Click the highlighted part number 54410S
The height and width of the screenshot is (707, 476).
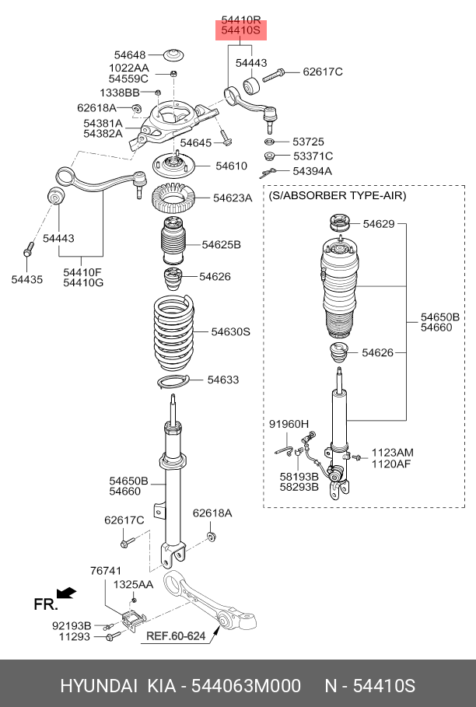tap(240, 31)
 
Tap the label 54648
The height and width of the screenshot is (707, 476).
tap(130, 55)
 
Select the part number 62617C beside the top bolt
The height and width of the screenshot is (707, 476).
tap(323, 72)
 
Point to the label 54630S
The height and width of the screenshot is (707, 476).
tap(230, 332)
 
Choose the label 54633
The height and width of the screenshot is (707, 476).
tap(222, 380)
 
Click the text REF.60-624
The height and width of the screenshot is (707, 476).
tap(176, 636)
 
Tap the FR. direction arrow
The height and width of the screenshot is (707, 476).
tap(67, 593)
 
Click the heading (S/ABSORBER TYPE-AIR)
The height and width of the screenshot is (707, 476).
tap(338, 196)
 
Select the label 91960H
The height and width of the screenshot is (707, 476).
tap(289, 424)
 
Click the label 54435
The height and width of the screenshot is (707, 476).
tap(27, 278)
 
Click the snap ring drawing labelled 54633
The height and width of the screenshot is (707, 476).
tap(173, 381)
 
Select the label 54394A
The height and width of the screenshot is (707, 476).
tap(312, 171)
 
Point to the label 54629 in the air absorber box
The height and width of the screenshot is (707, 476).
tap(378, 225)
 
